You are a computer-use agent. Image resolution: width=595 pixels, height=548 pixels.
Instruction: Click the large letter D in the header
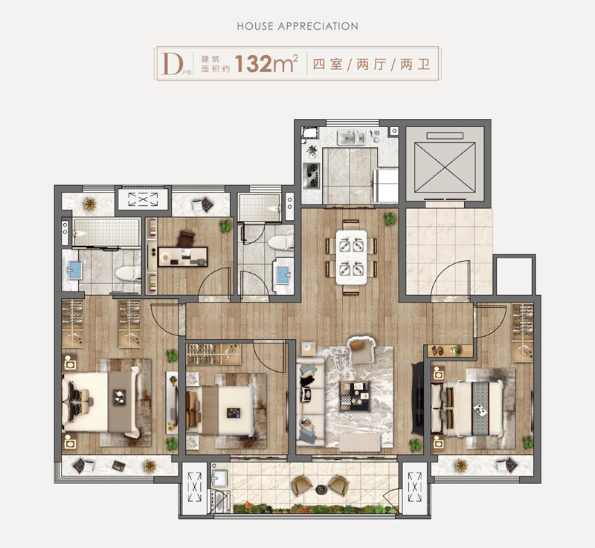click(x=171, y=64)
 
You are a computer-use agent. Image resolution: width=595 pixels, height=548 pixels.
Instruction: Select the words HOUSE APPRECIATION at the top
click(x=297, y=26)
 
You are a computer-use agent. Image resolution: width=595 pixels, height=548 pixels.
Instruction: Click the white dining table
click(x=351, y=257)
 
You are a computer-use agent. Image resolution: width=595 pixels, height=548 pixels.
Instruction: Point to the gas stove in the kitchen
click(x=312, y=175)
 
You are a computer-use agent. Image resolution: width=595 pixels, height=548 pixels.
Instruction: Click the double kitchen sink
click(x=352, y=138)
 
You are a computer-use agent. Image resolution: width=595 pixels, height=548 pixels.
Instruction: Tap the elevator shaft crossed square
click(x=445, y=167)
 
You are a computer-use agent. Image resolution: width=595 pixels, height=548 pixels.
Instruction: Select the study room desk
click(x=182, y=257)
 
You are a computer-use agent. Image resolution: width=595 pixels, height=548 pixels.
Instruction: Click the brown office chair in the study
click(x=186, y=239)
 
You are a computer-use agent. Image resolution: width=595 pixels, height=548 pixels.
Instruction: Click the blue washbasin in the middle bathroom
click(x=283, y=275)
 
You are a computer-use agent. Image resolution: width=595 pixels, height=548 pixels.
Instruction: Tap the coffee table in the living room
click(x=355, y=396)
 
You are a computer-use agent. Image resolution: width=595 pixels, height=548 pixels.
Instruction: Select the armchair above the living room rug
click(x=361, y=349)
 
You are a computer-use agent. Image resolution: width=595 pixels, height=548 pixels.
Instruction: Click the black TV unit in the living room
click(x=418, y=398)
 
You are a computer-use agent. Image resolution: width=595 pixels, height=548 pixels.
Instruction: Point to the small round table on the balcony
click(x=321, y=489)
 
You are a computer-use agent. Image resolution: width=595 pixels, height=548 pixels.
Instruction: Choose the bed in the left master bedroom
click(x=101, y=402)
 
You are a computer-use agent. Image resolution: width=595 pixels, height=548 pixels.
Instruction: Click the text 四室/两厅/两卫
click(x=371, y=64)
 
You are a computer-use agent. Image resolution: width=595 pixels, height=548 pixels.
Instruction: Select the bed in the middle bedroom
click(x=220, y=410)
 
